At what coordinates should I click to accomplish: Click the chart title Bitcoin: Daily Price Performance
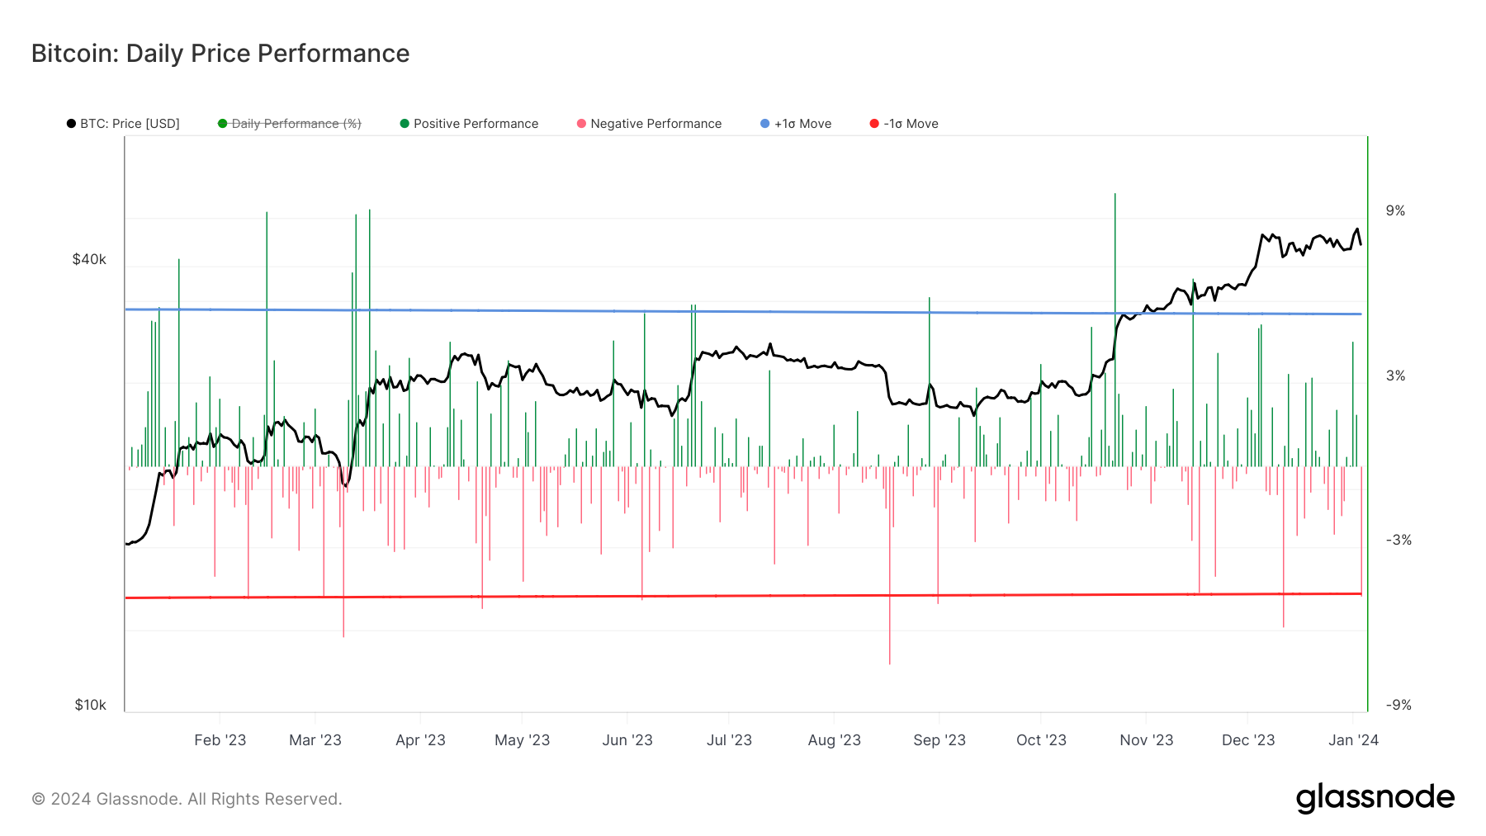(x=220, y=54)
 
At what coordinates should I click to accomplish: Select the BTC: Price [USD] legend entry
(x=123, y=124)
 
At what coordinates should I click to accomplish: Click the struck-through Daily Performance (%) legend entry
(x=289, y=124)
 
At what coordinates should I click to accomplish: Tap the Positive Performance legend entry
(x=469, y=124)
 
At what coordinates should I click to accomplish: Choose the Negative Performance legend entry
(x=649, y=124)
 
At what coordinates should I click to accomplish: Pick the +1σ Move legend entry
(x=796, y=124)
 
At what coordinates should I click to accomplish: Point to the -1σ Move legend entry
(x=904, y=124)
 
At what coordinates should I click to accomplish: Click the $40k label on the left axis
(x=89, y=259)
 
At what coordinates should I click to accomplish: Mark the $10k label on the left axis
(x=90, y=705)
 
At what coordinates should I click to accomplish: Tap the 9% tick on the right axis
(x=1395, y=211)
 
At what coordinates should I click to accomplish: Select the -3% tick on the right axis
(x=1398, y=541)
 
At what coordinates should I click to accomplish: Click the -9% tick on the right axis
(x=1398, y=705)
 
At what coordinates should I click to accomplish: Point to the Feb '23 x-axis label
(x=220, y=740)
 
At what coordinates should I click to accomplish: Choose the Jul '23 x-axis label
(x=729, y=740)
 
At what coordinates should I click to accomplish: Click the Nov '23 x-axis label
(x=1147, y=740)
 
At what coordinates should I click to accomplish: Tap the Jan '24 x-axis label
(x=1353, y=740)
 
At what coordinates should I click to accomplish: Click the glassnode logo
(x=1375, y=798)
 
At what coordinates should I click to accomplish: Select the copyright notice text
(x=187, y=799)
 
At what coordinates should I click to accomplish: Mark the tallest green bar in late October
(x=1114, y=330)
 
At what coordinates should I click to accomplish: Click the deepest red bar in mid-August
(x=890, y=565)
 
